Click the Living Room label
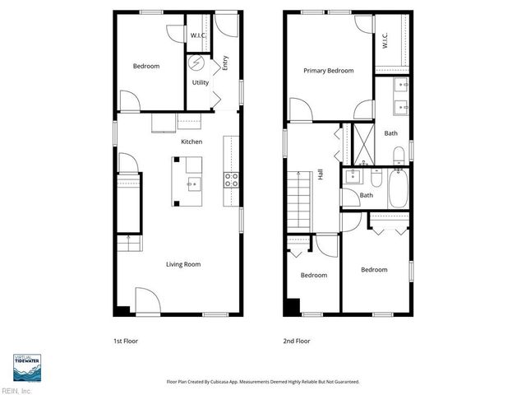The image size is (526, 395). point(183,264)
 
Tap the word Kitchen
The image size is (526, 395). point(191,142)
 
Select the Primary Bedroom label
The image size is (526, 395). point(328,71)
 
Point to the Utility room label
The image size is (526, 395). point(200,82)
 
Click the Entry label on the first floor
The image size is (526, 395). point(224,62)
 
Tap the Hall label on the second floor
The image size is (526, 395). point(321,174)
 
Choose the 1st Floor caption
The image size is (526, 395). point(126,340)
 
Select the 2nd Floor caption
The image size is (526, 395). point(296,340)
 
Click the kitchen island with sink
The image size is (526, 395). point(187,181)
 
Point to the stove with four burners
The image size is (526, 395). point(231,180)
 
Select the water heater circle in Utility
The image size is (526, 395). point(196,63)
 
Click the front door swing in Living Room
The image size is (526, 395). point(145,300)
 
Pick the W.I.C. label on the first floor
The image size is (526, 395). point(198,35)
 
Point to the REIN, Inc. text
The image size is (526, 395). point(16,390)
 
